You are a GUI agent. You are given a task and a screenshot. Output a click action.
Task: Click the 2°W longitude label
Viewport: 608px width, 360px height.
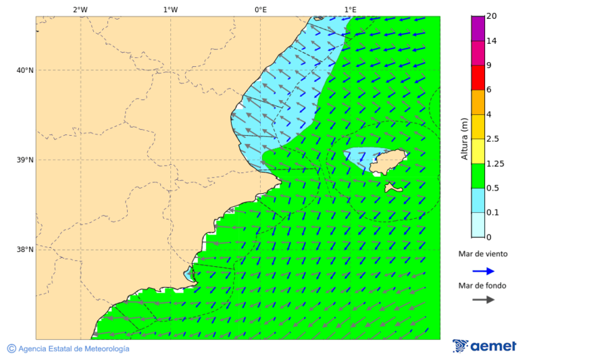pos(80,9)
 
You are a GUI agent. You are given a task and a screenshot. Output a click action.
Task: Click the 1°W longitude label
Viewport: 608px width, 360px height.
pos(170,9)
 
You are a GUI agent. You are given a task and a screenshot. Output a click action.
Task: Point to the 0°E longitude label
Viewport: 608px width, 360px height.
pos(260,9)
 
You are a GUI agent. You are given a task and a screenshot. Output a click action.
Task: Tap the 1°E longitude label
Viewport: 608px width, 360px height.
pos(350,9)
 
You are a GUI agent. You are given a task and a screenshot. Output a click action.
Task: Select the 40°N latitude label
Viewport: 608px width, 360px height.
pos(25,70)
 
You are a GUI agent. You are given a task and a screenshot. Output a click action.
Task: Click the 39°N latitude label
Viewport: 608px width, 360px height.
pos(25,160)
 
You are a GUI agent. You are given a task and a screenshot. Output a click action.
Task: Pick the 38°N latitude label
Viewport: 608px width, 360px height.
pos(25,250)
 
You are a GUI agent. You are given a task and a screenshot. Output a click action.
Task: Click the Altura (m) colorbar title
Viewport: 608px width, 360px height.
pos(464,138)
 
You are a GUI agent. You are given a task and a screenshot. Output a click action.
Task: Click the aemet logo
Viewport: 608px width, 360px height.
pos(484,346)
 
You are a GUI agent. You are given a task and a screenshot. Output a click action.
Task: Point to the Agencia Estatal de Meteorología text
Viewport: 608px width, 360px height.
pos(74,349)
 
